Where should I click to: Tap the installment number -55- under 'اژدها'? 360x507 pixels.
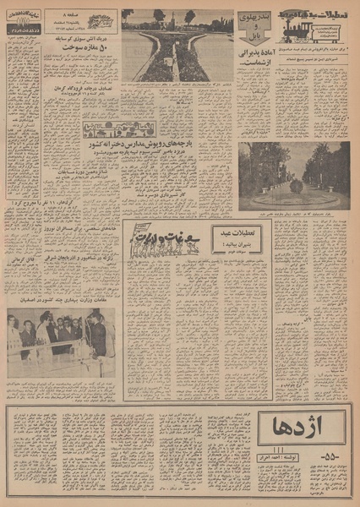coord(302,457)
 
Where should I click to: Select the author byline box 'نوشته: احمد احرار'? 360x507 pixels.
coord(303,472)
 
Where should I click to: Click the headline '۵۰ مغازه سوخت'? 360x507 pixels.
coord(83,46)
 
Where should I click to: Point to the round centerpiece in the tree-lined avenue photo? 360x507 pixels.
coord(295,185)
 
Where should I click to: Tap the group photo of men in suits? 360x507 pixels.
coord(61,340)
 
